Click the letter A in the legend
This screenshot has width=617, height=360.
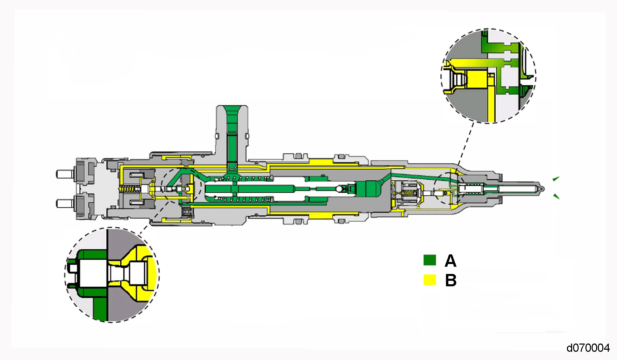pyautogui.click(x=450, y=261)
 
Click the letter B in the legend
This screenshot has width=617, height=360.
pyautogui.click(x=451, y=280)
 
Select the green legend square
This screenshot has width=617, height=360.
pyautogui.click(x=430, y=260)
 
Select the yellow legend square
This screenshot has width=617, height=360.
pyautogui.click(x=430, y=280)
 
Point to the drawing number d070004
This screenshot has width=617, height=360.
pyautogui.click(x=588, y=348)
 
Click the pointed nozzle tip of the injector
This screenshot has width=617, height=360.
pyautogui.click(x=542, y=188)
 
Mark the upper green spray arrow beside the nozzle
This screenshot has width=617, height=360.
pyautogui.click(x=556, y=179)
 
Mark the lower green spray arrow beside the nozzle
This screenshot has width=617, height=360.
pyautogui.click(x=556, y=196)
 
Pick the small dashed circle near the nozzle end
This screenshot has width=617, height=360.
pyautogui.click(x=449, y=188)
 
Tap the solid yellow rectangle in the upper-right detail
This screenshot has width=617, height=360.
pyautogui.click(x=477, y=79)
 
